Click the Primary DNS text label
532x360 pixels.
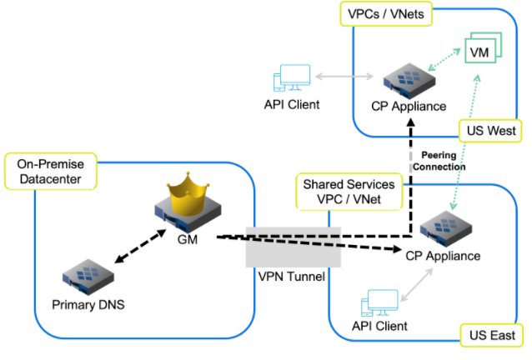89,305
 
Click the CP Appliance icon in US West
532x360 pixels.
409,80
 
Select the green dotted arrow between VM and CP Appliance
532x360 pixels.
444,64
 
